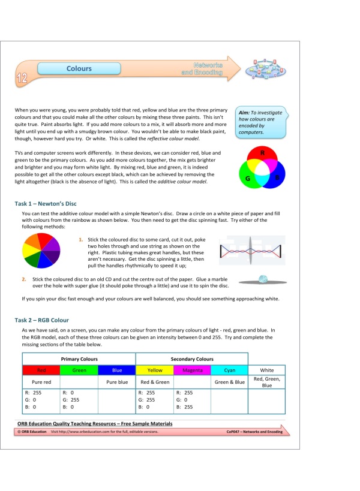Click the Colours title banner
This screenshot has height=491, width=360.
pos(79,69)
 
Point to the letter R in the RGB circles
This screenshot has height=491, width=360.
pos(263,153)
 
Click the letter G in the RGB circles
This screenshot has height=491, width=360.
pos(247,178)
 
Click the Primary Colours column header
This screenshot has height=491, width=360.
pos(79,359)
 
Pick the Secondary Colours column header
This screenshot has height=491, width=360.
pos(192,359)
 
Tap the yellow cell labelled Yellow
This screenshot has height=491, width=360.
pos(155,370)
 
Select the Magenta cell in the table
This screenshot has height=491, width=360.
pos(192,370)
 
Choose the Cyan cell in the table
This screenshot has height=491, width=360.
pos(229,370)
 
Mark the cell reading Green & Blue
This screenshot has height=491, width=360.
pos(229,381)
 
